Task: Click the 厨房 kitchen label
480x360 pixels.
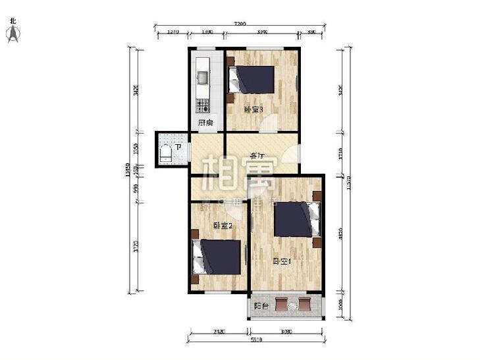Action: [205, 122]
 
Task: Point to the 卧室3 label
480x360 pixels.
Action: [253, 110]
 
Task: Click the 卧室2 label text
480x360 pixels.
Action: [222, 226]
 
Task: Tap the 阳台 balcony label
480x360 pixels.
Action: [261, 305]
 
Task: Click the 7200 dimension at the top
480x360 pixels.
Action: [240, 24]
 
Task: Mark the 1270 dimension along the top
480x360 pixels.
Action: [173, 32]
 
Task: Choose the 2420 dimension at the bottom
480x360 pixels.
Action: [219, 332]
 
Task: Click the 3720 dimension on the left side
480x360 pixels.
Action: [136, 247]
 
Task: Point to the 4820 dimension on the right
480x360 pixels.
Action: [341, 235]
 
